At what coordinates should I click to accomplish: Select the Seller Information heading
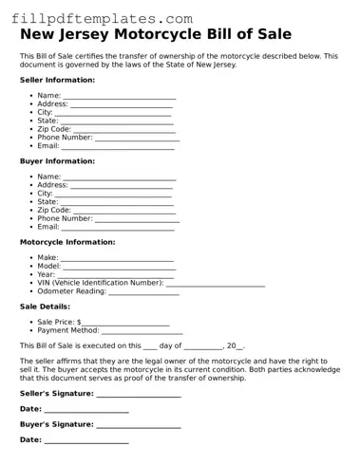coord(57,81)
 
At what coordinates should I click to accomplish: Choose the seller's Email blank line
coord(118,147)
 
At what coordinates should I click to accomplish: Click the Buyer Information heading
coord(56,161)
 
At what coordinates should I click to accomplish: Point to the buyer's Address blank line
coord(123,186)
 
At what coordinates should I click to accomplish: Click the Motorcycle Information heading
coord(67,242)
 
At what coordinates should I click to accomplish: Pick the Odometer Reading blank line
coord(143,292)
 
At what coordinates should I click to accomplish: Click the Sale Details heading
coord(45,307)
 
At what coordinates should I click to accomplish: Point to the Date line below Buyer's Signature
coord(86,441)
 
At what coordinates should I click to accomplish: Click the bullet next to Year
coord(31,274)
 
